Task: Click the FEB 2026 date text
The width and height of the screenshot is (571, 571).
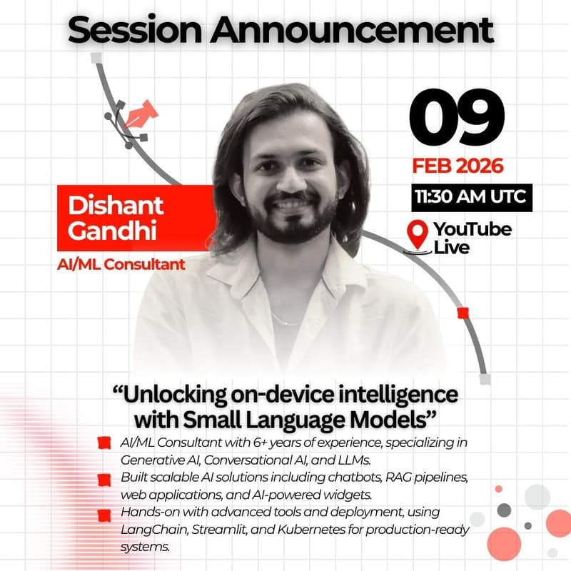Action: pyautogui.click(x=458, y=166)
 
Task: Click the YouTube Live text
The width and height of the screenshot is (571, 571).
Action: pyautogui.click(x=472, y=238)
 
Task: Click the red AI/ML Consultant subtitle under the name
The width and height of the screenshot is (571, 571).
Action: pyautogui.click(x=121, y=265)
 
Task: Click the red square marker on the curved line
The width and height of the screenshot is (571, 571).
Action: pyautogui.click(x=462, y=313)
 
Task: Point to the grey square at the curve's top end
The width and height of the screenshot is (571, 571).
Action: pyautogui.click(x=96, y=57)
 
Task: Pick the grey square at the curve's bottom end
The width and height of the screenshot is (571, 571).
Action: pyautogui.click(x=485, y=379)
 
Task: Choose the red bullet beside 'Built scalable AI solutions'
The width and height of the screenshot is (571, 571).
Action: pyautogui.click(x=104, y=478)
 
